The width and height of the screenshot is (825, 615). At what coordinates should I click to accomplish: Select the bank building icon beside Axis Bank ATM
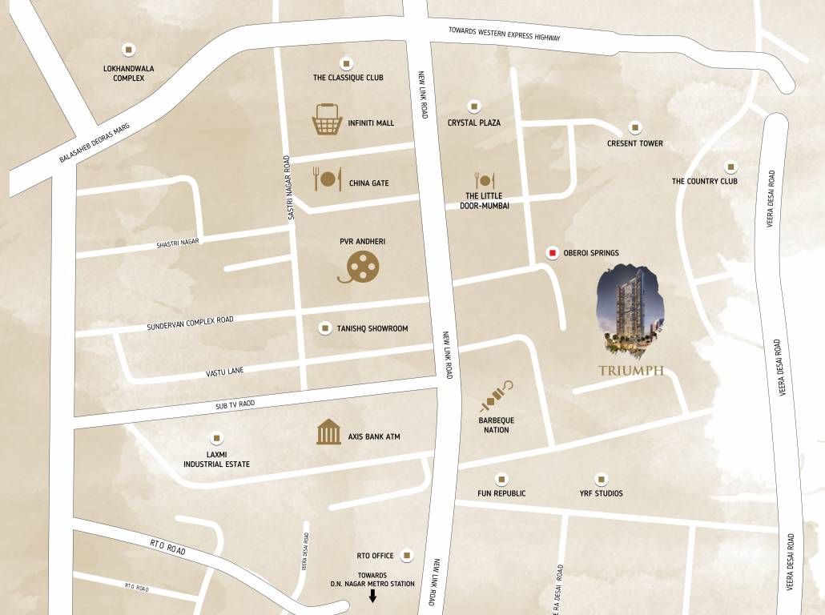(328, 432)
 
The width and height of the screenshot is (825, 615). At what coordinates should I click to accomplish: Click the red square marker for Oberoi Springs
(552, 253)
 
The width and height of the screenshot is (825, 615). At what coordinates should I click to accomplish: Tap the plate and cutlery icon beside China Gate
(327, 179)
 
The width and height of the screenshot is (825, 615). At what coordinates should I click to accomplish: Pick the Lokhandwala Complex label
(128, 73)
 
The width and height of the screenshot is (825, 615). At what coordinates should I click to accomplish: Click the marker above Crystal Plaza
(474, 107)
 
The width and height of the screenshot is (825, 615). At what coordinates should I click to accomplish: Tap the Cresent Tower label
(635, 143)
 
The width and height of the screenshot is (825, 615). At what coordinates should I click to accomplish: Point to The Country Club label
(704, 181)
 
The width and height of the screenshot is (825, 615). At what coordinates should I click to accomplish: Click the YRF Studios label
(601, 493)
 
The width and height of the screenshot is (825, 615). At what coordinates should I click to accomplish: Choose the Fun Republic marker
(501, 479)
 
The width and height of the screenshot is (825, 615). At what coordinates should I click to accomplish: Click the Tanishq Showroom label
(372, 328)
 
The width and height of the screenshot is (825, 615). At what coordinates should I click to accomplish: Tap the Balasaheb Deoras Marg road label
(95, 143)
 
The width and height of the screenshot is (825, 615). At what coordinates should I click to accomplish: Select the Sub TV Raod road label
(235, 404)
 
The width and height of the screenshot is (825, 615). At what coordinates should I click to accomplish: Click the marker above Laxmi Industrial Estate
(215, 438)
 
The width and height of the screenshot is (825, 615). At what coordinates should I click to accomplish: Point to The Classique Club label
(348, 78)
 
